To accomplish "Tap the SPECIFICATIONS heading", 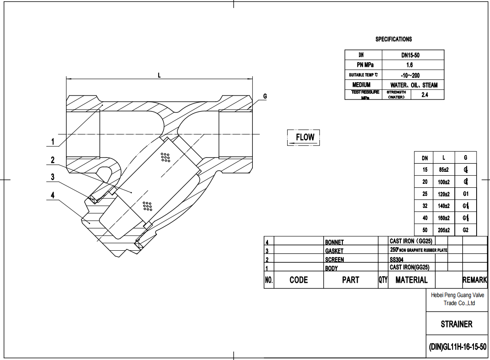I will [393, 39].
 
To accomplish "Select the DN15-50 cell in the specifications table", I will [410, 55].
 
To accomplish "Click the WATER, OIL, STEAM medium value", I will [414, 85].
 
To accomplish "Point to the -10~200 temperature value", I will [410, 75].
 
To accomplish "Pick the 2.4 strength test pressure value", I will [424, 95].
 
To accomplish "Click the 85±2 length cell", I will [443, 170].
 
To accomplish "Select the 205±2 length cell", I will [443, 230].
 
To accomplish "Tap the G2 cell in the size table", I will [465, 230].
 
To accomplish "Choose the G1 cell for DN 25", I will [465, 194].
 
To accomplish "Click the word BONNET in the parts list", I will [334, 242].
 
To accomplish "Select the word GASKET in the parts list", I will [334, 251].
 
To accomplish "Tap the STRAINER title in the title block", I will [457, 324].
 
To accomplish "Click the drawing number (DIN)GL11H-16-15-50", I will [457, 347].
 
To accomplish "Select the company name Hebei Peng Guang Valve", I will [457, 295].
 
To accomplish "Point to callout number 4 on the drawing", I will [53, 195].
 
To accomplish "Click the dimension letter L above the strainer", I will [159, 75].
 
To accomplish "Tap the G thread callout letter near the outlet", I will [265, 96].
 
